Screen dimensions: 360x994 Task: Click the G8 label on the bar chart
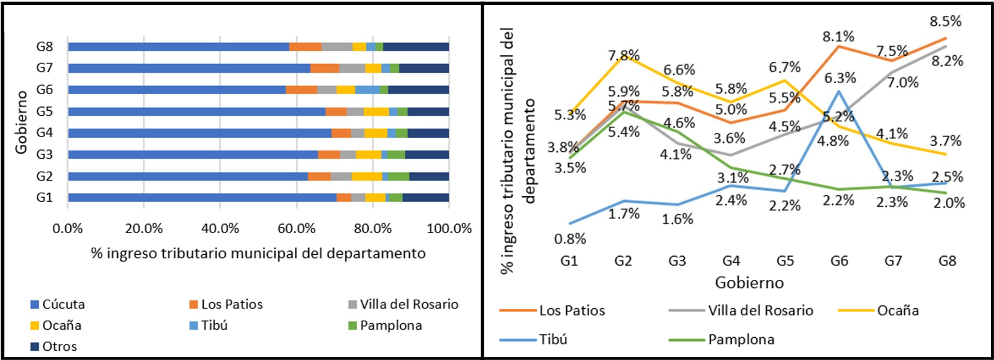point(44,47)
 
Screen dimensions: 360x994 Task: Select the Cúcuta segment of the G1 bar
point(202,198)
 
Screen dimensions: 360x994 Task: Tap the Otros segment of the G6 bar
point(419,90)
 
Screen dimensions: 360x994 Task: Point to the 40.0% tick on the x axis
point(220,229)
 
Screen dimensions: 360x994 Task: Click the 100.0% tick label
point(449,229)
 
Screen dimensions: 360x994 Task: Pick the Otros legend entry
point(59,346)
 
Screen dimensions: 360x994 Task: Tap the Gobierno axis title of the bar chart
point(22,122)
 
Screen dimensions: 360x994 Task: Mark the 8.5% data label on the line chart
point(945,21)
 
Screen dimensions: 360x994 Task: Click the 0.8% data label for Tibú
point(570,239)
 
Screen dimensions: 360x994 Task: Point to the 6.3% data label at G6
point(840,78)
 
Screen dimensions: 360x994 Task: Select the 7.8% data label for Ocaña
point(624,56)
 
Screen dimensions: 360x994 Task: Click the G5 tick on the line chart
point(785,261)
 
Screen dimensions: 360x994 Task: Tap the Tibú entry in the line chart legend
point(553,340)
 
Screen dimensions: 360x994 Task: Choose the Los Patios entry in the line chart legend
point(572,311)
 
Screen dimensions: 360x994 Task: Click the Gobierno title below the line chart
point(749,283)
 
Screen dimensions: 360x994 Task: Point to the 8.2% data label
point(947,61)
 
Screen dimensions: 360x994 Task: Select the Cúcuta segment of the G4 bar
point(199,133)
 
